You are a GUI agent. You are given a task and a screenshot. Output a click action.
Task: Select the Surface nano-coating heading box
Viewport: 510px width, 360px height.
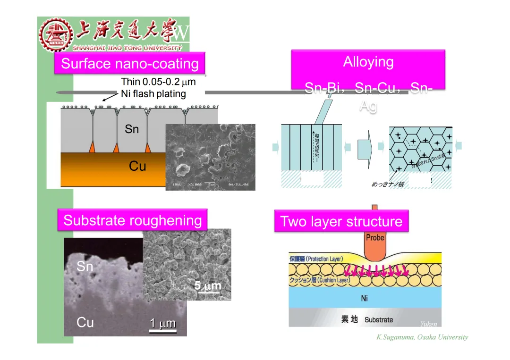click(x=130, y=64)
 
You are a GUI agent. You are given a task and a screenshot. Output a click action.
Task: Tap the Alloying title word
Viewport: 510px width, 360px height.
click(x=368, y=62)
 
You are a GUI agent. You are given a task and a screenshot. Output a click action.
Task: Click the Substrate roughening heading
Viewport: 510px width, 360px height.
click(x=132, y=220)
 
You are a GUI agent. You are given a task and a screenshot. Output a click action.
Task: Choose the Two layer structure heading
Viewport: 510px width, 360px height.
click(x=341, y=221)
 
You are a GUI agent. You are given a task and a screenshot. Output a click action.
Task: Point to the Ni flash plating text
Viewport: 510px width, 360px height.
click(x=153, y=93)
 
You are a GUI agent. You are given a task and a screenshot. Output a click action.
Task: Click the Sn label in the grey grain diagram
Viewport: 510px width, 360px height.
click(x=132, y=128)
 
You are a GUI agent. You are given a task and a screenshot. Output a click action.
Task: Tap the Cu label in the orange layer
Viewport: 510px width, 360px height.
click(x=137, y=166)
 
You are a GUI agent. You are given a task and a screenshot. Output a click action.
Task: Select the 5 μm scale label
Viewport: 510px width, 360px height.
click(x=208, y=285)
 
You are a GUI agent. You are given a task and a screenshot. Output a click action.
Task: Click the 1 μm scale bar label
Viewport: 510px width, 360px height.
click(x=162, y=323)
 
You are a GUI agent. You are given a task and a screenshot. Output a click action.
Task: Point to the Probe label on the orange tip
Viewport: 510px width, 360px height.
click(x=375, y=237)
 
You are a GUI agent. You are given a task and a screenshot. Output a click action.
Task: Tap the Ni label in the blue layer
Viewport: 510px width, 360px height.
click(x=364, y=298)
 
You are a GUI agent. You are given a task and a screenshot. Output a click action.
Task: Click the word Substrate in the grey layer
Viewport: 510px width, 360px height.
click(x=379, y=320)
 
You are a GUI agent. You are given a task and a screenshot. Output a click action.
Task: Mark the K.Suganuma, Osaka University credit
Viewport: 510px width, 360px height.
click(x=422, y=337)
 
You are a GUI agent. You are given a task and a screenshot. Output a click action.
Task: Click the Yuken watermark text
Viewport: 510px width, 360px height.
click(x=428, y=324)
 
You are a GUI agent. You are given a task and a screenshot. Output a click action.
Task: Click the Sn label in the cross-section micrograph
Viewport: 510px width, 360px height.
click(x=85, y=267)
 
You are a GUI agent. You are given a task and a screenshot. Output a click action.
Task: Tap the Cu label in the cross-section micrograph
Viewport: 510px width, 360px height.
click(x=85, y=322)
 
